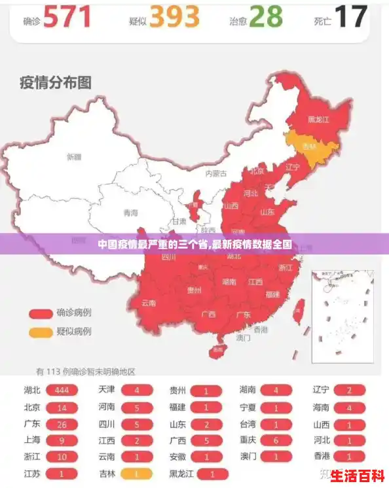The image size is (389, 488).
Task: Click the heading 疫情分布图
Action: (55, 82)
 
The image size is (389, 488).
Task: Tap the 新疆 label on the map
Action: (74, 157)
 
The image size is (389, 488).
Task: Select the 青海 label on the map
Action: (131, 213)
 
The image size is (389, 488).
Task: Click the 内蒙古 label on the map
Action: (215, 173)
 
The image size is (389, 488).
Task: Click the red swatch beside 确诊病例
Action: (40, 313)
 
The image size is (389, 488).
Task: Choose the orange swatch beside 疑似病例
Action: (40, 332)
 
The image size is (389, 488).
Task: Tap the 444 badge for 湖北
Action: (62, 391)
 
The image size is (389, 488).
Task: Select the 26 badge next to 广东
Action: (62, 424)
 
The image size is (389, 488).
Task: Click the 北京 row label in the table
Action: (31, 408)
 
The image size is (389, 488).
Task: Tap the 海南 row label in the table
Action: (320, 408)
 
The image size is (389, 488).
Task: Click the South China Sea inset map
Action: (342, 315)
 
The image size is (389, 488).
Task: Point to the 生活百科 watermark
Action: (356, 474)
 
